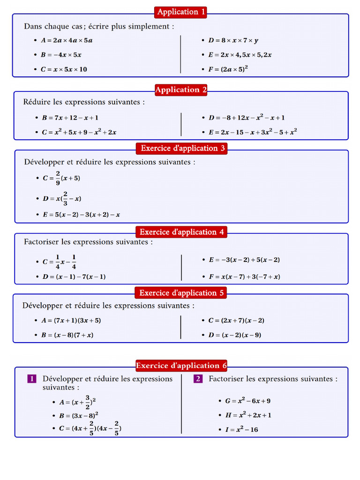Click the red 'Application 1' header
pyautogui.click(x=181, y=12)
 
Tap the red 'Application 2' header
pyautogui.click(x=181, y=90)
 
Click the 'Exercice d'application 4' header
pyautogui.click(x=182, y=232)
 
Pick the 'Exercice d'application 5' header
pyautogui.click(x=182, y=293)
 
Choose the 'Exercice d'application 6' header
pyautogui.click(x=181, y=366)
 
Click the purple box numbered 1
pyautogui.click(x=32, y=379)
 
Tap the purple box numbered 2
pyautogui.click(x=198, y=379)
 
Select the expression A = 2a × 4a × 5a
pyautogui.click(x=67, y=40)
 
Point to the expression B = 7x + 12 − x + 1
pyautogui.click(x=70, y=118)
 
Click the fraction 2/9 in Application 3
pyautogui.click(x=58, y=178)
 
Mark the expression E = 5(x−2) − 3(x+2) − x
pyautogui.click(x=81, y=215)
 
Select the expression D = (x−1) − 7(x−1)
pyautogui.click(x=74, y=277)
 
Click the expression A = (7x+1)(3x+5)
pyautogui.click(x=71, y=321)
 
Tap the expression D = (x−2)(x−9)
pyautogui.click(x=235, y=335)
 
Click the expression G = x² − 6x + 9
pyautogui.click(x=247, y=401)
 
